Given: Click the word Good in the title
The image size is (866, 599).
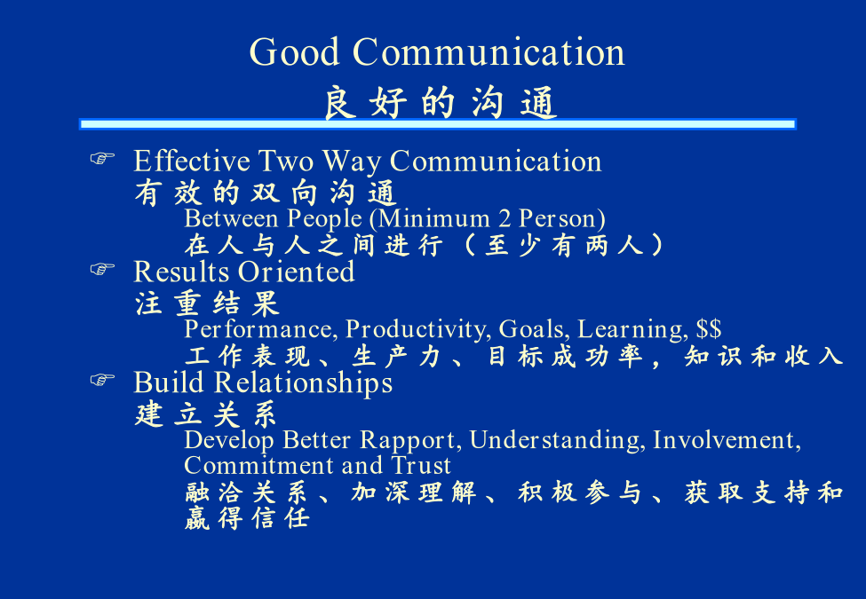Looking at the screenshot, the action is tap(294, 51).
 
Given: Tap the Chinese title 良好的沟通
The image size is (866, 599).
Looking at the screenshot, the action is tap(440, 103).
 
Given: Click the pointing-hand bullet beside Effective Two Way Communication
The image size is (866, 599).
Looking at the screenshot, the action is tap(102, 158).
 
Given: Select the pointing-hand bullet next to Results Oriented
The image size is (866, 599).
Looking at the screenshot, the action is tap(102, 269).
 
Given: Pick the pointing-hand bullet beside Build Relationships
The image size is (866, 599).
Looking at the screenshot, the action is tap(102, 380).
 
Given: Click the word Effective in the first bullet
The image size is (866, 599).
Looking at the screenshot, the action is tap(192, 161).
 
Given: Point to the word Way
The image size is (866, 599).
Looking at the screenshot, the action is tap(352, 162).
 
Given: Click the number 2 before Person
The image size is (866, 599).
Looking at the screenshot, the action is tap(505, 219).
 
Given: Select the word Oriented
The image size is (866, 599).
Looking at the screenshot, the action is tap(297, 272).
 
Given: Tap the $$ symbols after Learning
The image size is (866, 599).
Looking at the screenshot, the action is tap(709, 328).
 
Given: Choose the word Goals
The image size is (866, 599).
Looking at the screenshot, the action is tap(534, 329).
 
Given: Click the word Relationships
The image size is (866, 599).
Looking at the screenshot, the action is tap(303, 383).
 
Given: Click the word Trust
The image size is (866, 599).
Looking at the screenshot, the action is tap(421, 465).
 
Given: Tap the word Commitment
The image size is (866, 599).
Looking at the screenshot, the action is tap(259, 465).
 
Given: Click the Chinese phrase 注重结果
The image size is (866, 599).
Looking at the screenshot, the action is tap(207, 303).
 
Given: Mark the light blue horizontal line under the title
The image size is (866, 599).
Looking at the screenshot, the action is tap(437, 124).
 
